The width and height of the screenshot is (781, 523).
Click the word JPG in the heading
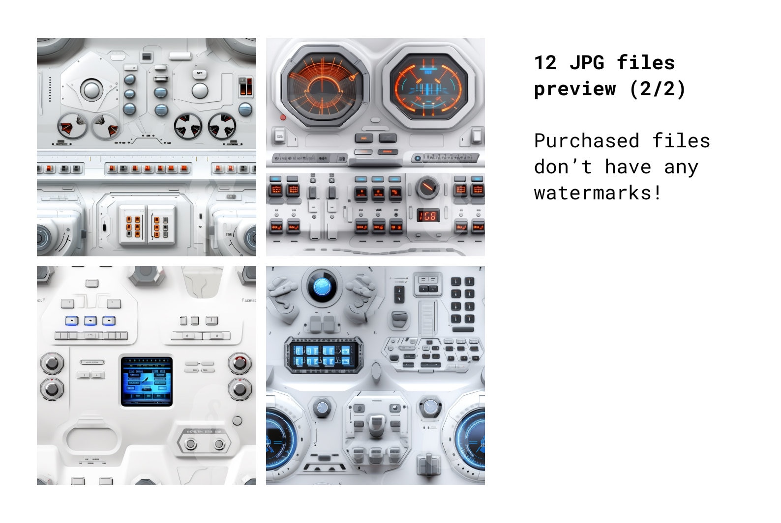coord(587,63)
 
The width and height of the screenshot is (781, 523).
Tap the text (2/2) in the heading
coord(657,89)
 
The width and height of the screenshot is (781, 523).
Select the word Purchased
coord(586,141)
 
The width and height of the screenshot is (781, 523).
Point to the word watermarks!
coord(598,193)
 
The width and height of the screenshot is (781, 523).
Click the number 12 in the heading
coord(545,63)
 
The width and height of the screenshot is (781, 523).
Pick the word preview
coord(574,89)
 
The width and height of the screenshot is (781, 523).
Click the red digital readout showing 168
coord(427,215)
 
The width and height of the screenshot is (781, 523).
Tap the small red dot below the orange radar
coord(283,117)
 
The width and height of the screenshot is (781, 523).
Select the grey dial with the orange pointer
coord(427,187)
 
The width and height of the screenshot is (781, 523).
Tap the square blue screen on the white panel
coord(147,381)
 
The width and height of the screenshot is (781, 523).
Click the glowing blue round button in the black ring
coord(322,284)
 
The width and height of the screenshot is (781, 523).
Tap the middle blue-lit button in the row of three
coord(90,321)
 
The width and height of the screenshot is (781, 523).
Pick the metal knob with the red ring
coord(240,363)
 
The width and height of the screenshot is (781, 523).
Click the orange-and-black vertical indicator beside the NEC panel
coord(245,86)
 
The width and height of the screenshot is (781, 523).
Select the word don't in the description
coord(563,167)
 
